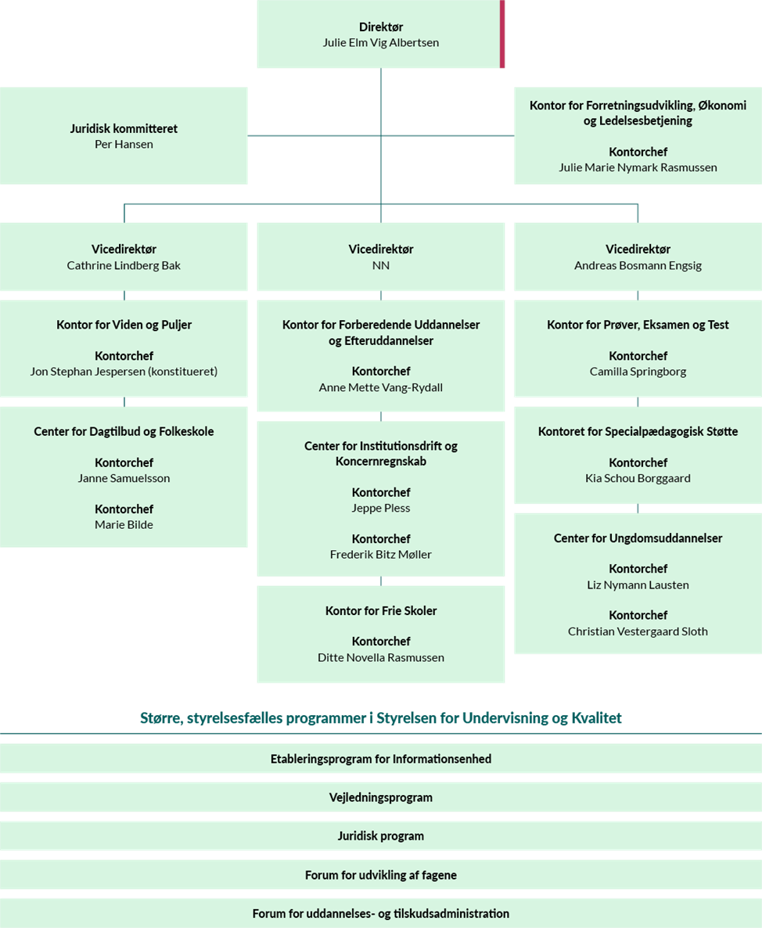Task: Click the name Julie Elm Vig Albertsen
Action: coord(380,42)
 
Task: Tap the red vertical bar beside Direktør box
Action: coord(502,34)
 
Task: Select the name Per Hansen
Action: coord(124,145)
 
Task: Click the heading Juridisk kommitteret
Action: coord(124,128)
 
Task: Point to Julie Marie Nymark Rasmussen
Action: coord(638,167)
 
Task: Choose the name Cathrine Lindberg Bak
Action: coord(124,265)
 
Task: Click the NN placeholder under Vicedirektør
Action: coord(381,265)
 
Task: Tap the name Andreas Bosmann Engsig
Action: coord(638,265)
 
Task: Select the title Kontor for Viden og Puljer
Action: coord(124,324)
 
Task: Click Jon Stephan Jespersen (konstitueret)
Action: coord(124,372)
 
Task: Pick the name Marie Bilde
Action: coord(124,524)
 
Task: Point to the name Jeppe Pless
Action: coord(381,508)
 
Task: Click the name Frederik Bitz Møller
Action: coord(381,555)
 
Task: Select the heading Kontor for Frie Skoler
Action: coord(381,611)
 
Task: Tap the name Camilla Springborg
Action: coord(638,372)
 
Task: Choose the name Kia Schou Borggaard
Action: coord(638,478)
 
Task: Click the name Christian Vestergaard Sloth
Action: coord(638,631)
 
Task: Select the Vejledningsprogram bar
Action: coord(381,797)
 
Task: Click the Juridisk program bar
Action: coord(381,836)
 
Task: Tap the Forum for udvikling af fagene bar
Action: coord(381,875)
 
